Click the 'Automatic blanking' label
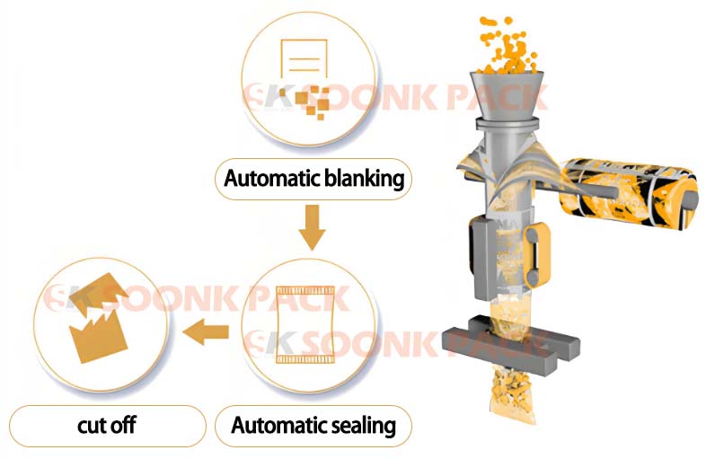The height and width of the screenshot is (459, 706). (313, 179)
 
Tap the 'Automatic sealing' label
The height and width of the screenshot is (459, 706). (313, 425)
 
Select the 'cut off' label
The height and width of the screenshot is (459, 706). (107, 425)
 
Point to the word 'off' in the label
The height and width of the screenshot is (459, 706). (123, 425)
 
